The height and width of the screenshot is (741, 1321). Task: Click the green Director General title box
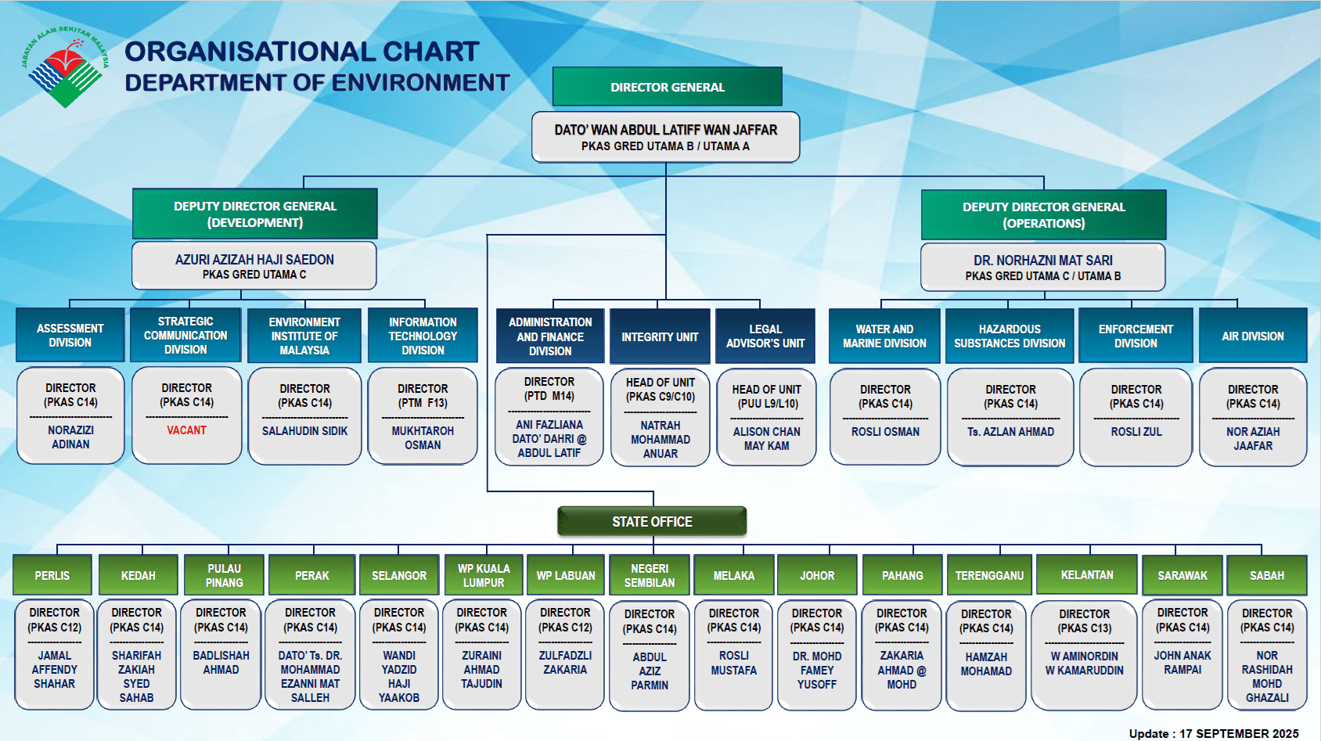tap(667, 87)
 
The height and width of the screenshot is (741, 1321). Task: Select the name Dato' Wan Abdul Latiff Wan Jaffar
tap(665, 130)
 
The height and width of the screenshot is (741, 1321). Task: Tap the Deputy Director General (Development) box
tap(255, 214)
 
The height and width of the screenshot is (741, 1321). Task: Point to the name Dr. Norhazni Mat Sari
tap(1042, 261)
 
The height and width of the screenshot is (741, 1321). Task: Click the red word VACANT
tap(186, 430)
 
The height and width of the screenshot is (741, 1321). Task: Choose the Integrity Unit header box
tap(660, 336)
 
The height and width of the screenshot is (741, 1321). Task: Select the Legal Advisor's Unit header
tap(765, 336)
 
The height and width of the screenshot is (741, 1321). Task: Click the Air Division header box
tap(1252, 336)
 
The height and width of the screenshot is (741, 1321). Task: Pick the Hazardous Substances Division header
tap(1010, 336)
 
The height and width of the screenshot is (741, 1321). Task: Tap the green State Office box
tap(652, 522)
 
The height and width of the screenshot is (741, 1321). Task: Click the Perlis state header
tap(52, 576)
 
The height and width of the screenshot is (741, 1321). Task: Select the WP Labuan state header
tap(566, 576)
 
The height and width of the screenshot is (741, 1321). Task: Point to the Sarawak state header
tap(1182, 576)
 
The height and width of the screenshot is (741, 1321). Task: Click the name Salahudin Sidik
tap(304, 431)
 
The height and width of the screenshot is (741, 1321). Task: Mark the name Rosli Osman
tap(885, 432)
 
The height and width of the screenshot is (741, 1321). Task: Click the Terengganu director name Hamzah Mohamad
tap(986, 664)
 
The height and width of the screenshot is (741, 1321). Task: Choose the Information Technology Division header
tap(423, 336)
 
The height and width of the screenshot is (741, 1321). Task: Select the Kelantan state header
tap(1086, 575)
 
